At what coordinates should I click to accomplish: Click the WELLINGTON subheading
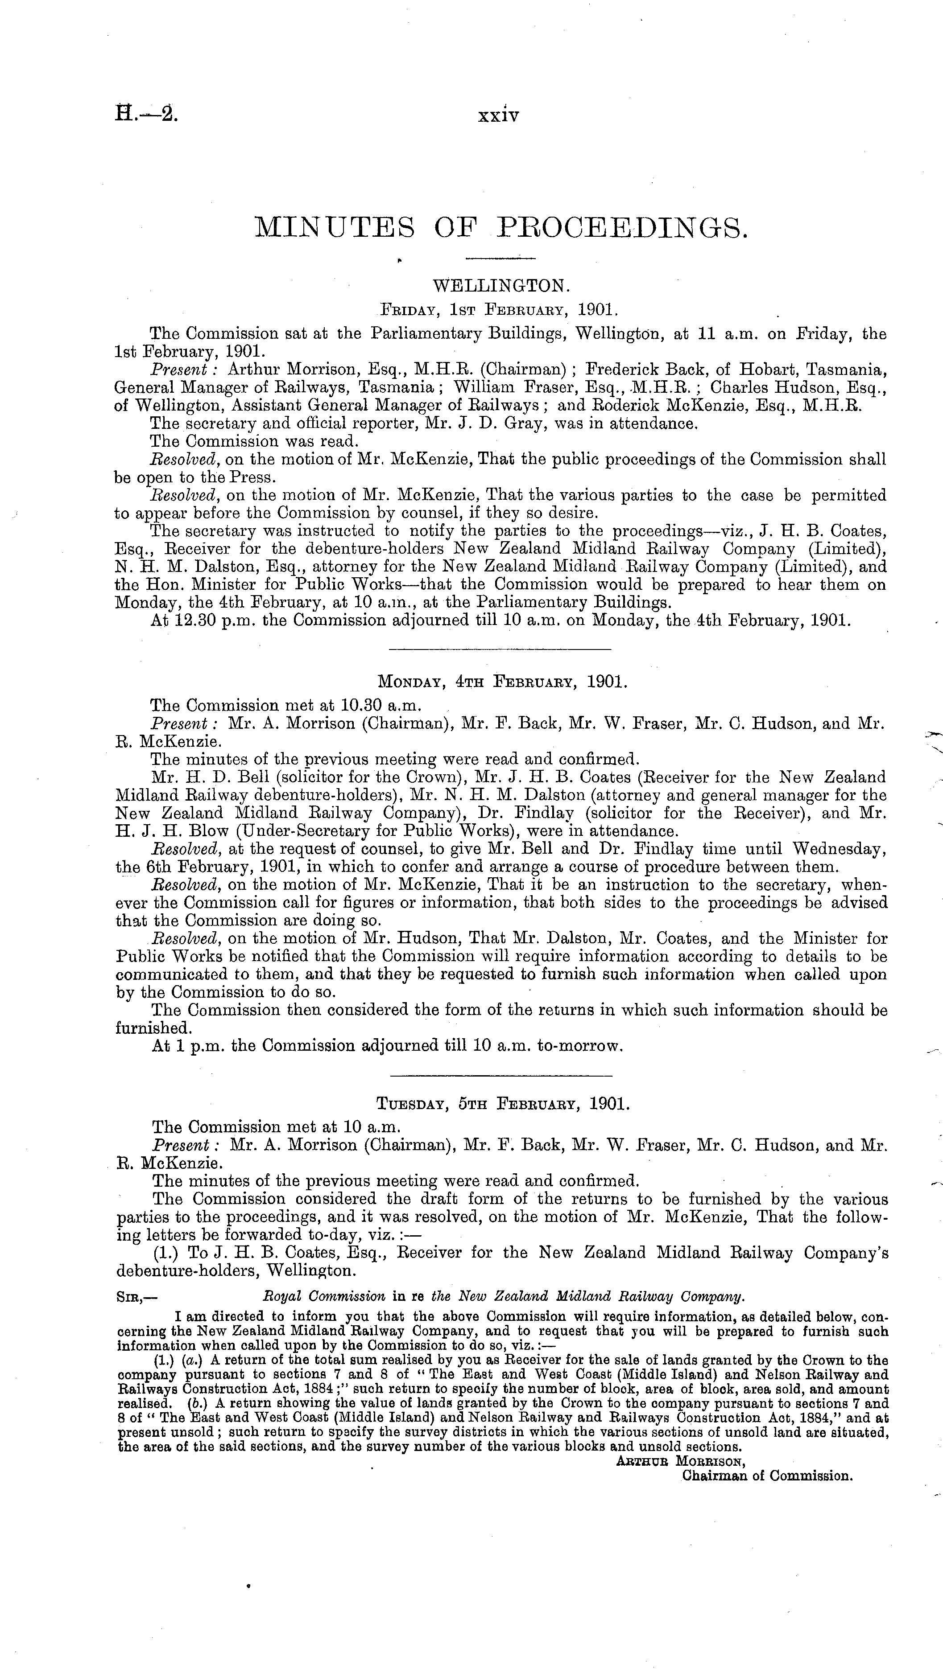coord(500,286)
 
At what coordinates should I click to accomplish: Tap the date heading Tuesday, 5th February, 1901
coord(502,1103)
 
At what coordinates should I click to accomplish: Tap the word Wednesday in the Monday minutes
coord(840,849)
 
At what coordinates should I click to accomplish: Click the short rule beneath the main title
coord(500,260)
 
